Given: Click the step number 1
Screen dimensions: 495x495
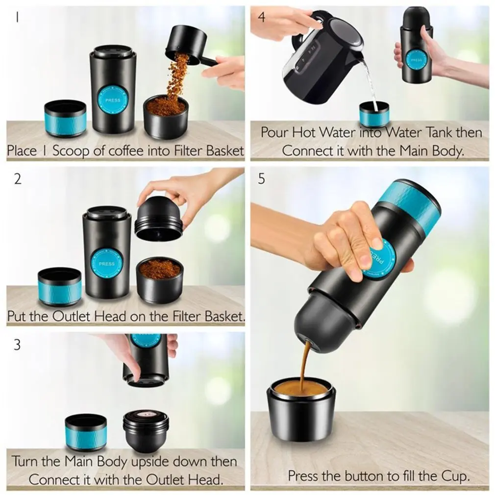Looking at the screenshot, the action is (x=17, y=17).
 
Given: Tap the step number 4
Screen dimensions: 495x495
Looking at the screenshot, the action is (x=262, y=17).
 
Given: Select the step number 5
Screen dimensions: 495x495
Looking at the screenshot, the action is (x=262, y=179).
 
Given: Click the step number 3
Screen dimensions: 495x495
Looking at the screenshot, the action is (x=17, y=345).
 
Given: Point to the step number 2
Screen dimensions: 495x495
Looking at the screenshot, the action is (x=18, y=179).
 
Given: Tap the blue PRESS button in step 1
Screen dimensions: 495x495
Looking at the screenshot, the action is (x=113, y=100).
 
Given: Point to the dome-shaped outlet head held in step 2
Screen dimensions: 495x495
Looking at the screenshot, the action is (x=158, y=218).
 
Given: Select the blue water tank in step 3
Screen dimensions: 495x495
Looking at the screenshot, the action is (x=86, y=432).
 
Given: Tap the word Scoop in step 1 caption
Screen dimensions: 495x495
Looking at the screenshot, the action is (x=71, y=150).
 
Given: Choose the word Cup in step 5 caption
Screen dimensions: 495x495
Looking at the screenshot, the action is (x=455, y=476).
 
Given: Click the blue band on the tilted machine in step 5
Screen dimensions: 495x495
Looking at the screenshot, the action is (x=410, y=205).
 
